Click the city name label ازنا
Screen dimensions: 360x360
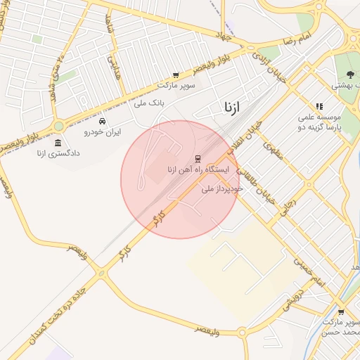[x=231, y=108]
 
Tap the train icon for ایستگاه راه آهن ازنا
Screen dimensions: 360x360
[x=197, y=158]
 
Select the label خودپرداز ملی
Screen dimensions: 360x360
[x=221, y=188]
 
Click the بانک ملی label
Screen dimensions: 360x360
[x=148, y=103]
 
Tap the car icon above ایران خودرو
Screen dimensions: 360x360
[x=103, y=120]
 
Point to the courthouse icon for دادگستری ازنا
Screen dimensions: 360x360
[x=57, y=143]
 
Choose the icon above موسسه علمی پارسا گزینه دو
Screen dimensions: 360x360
[x=319, y=106]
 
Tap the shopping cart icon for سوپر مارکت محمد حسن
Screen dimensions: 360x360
[x=341, y=311]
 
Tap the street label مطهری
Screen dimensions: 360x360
[x=272, y=150]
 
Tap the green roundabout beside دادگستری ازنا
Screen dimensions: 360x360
[x=58, y=126]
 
